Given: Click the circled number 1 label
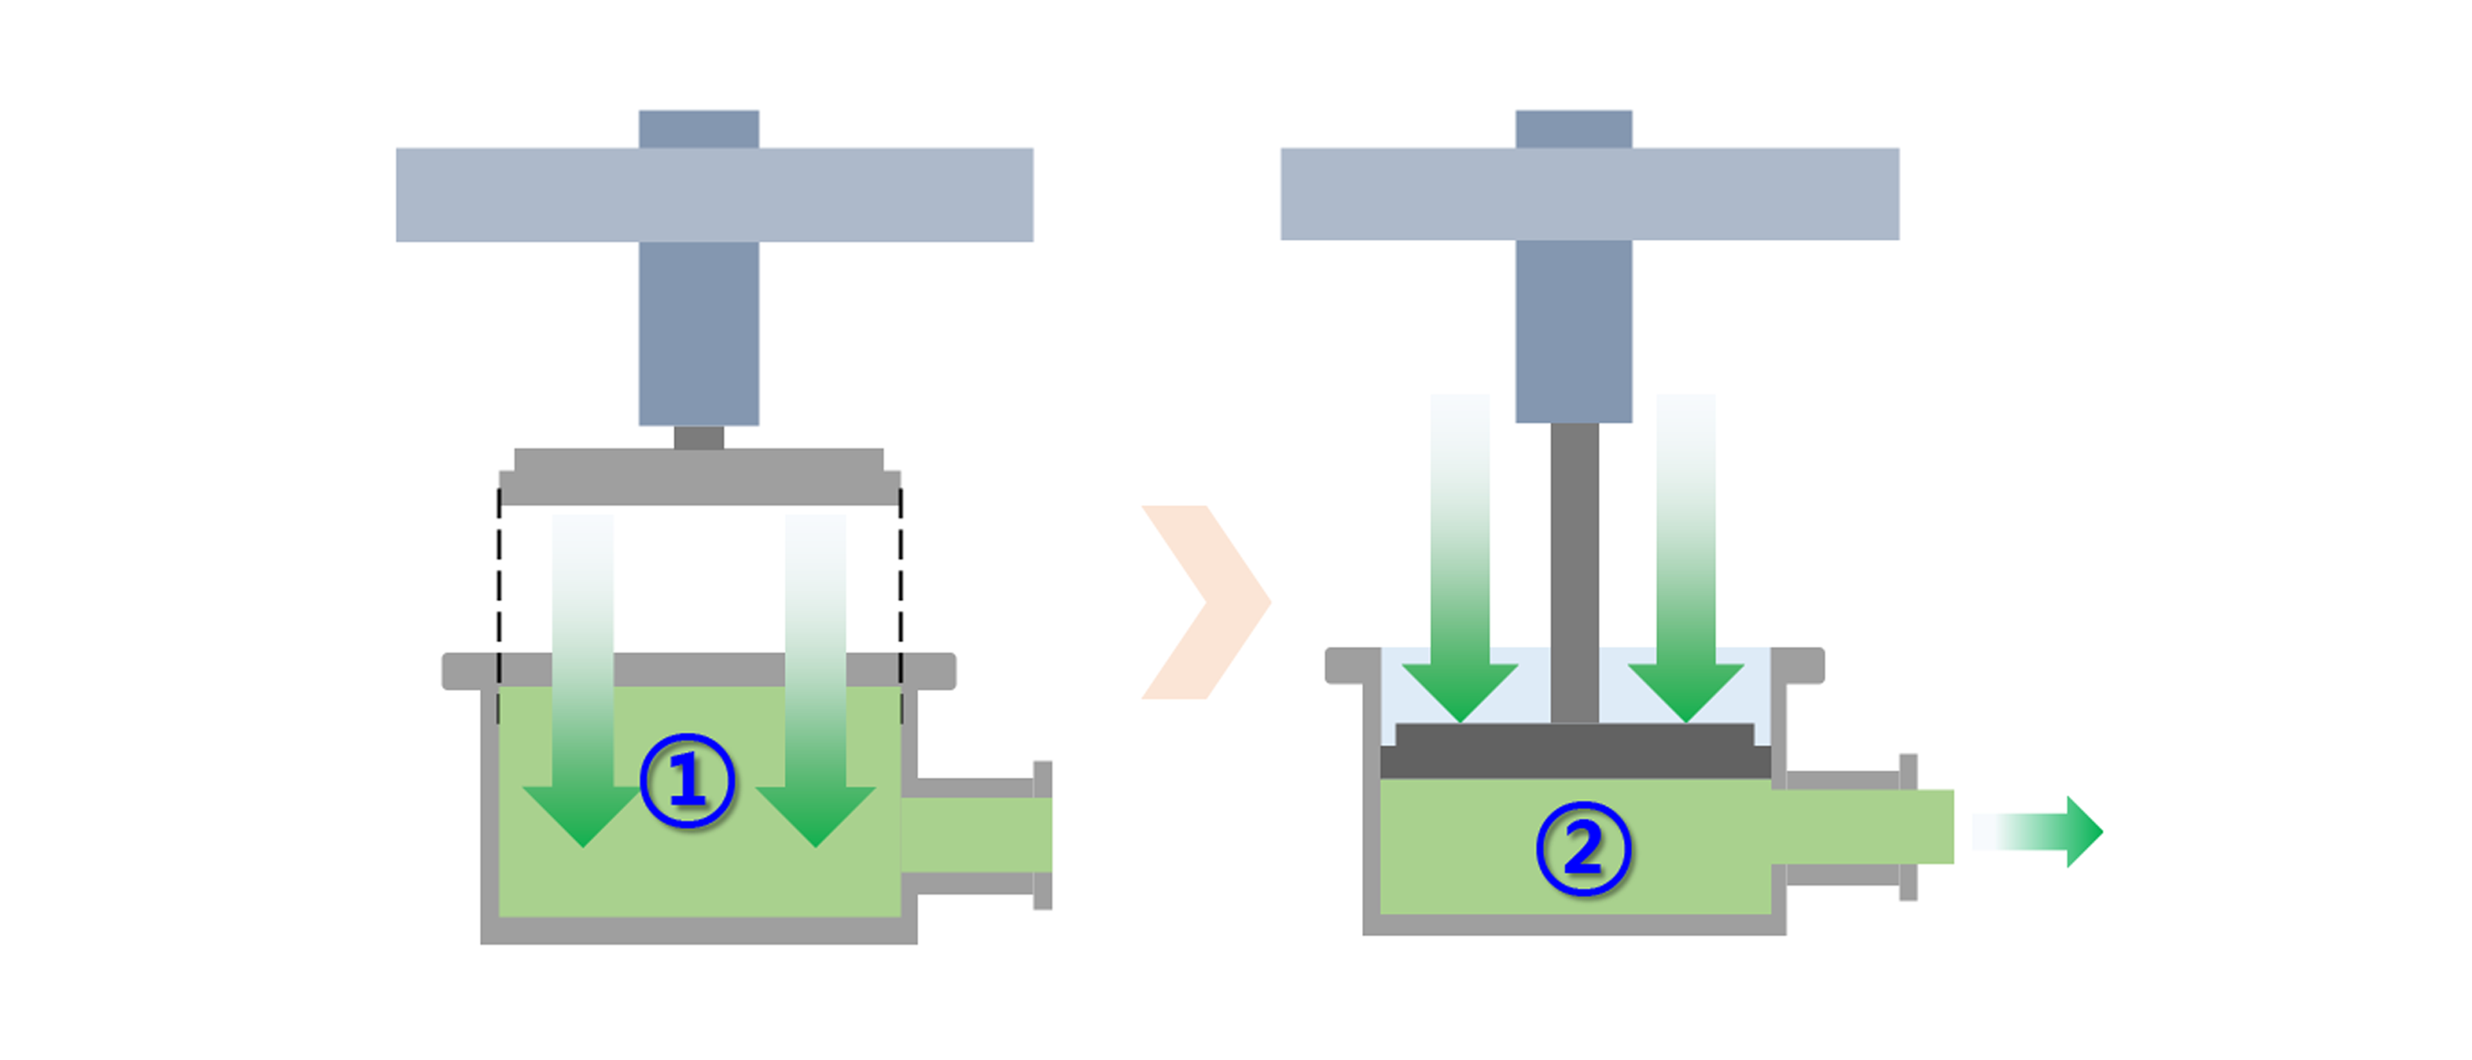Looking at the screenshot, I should pos(687,781).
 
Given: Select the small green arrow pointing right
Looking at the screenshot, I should pos(2044,831).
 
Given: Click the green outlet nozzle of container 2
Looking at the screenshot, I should pos(1862,827).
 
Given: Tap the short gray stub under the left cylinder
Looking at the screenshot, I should pos(698,438).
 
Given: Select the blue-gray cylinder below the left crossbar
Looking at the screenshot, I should pos(698,332).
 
